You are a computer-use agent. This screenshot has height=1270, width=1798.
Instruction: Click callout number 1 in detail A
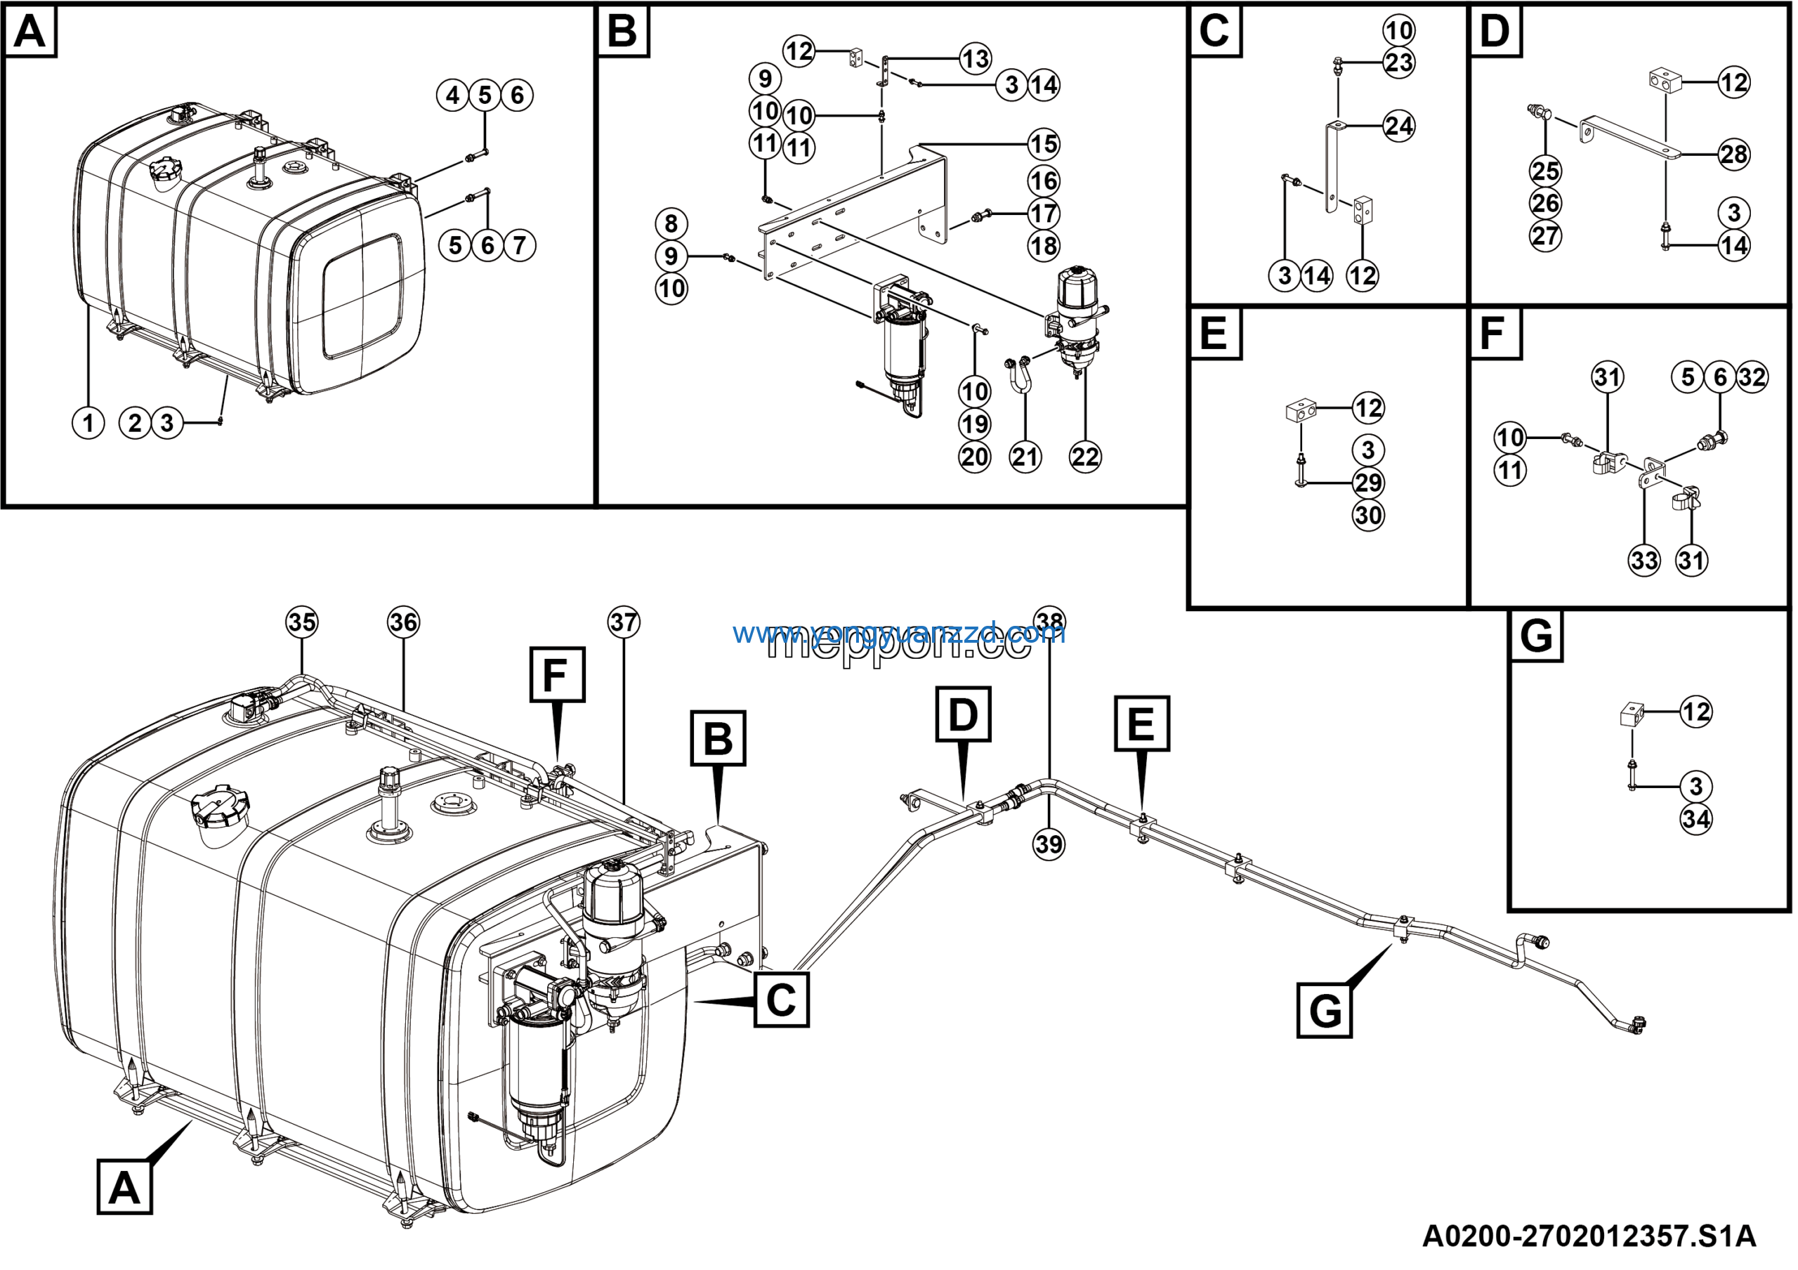coord(88,424)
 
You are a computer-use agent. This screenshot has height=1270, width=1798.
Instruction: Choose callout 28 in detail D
coord(1735,155)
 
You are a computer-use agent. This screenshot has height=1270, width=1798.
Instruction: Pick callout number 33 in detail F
coord(1644,561)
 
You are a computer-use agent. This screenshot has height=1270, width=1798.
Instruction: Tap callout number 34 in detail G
coord(1696,820)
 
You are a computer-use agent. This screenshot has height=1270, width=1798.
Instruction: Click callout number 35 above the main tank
coord(302,622)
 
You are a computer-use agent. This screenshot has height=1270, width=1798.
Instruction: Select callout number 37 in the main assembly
coord(624,622)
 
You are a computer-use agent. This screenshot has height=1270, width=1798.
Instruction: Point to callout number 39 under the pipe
coord(1050,844)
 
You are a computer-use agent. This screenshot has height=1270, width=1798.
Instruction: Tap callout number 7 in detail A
coord(520,246)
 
